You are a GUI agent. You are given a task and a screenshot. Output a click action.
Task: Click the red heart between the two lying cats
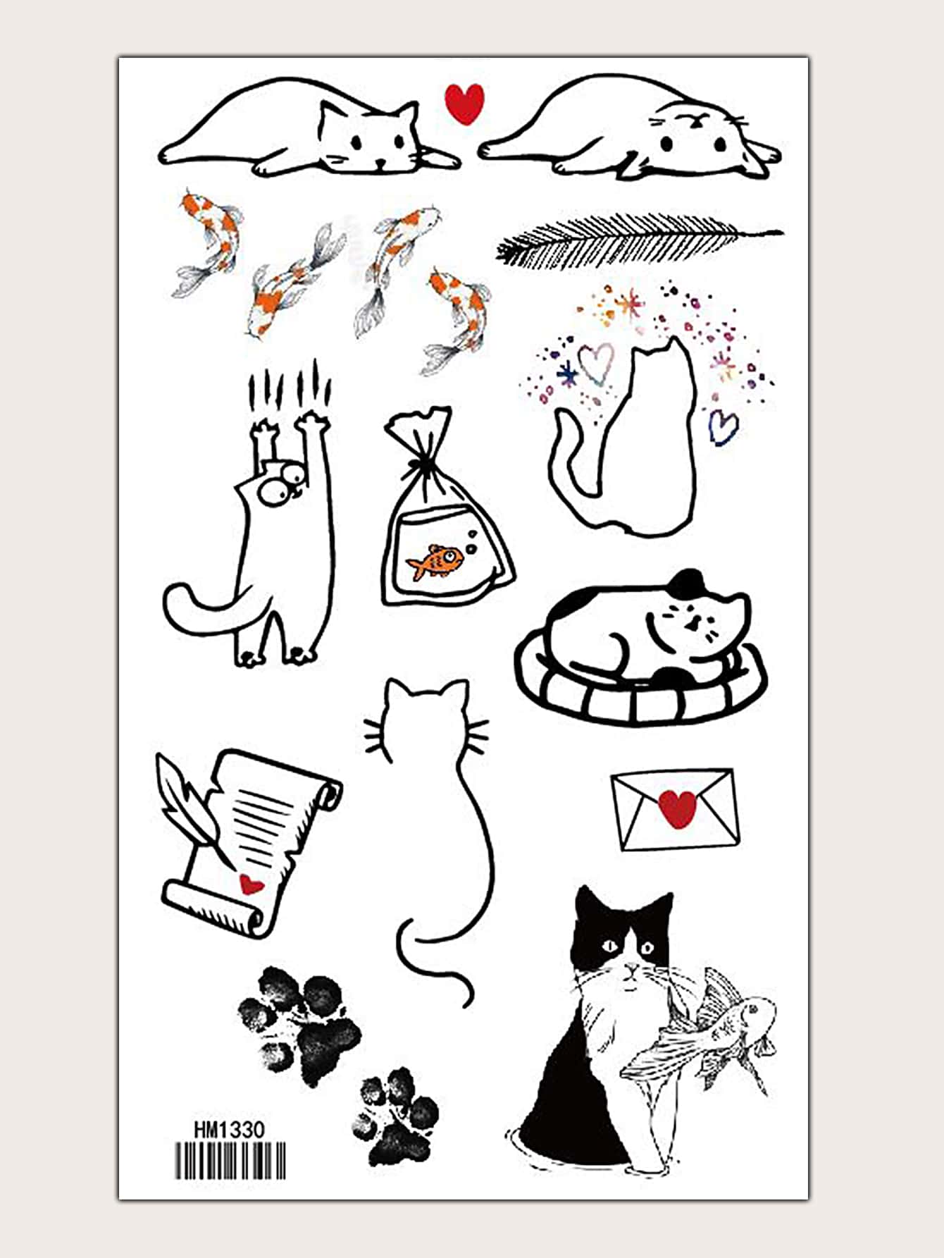point(465,103)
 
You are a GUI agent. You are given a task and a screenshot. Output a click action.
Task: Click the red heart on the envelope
point(678,808)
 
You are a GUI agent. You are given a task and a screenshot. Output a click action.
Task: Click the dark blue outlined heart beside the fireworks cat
point(722,427)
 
